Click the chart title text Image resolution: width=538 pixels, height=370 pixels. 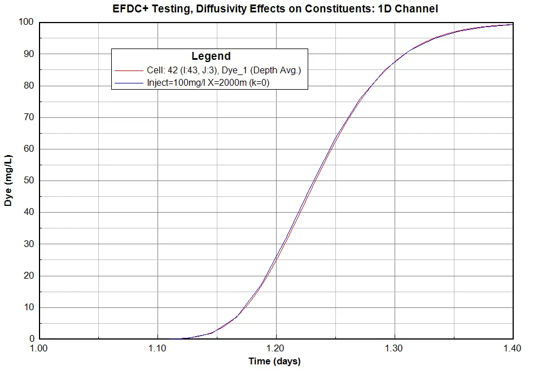pos(275,9)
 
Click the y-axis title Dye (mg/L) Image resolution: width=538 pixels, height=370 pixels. pos(8,179)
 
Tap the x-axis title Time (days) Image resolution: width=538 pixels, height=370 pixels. pos(274,361)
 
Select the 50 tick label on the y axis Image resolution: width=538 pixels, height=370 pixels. pos(29,180)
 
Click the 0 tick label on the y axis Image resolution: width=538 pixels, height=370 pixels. pos(32,339)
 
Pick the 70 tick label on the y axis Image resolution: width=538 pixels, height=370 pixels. pos(29,117)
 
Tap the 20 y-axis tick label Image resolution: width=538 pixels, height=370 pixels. pos(29,276)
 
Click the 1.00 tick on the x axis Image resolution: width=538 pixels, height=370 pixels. pos(40,349)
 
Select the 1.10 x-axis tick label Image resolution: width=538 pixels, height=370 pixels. pos(158,349)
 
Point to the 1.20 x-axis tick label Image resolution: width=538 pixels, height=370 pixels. pos(276,349)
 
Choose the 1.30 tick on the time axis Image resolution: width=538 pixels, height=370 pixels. pos(394,349)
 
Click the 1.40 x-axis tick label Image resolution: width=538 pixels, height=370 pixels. pos(512,349)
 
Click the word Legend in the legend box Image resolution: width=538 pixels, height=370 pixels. pos(211,56)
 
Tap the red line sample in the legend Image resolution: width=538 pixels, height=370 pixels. pos(128,71)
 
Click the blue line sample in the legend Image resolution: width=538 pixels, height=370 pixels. pos(128,82)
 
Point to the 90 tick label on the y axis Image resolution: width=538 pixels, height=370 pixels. pos(29,54)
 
